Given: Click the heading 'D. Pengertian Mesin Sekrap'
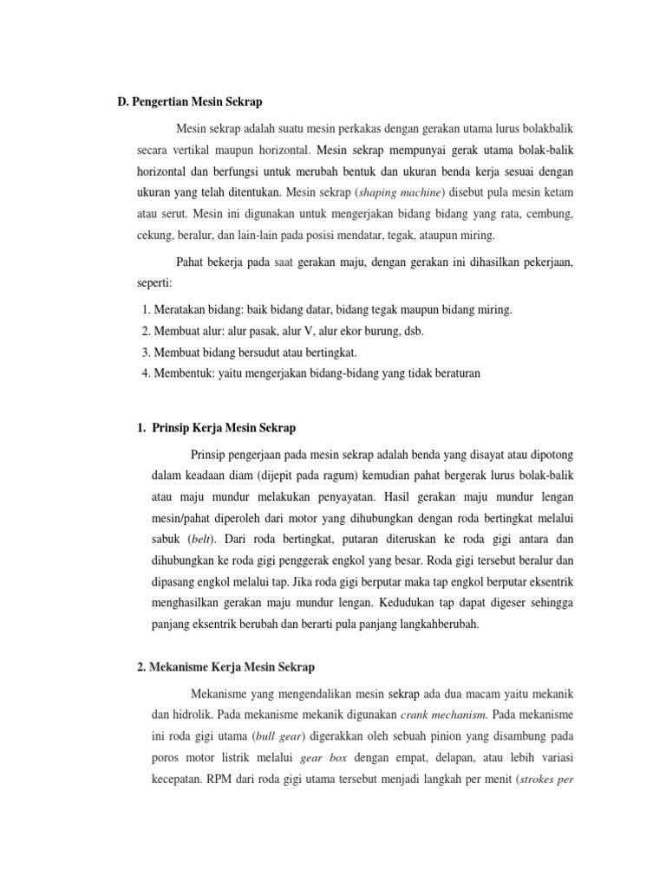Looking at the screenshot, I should pos(189,101).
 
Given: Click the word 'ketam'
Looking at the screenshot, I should pos(557,191).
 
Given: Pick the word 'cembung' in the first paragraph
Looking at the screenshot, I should pos(549,213).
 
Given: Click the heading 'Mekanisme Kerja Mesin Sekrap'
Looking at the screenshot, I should pos(232,667).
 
